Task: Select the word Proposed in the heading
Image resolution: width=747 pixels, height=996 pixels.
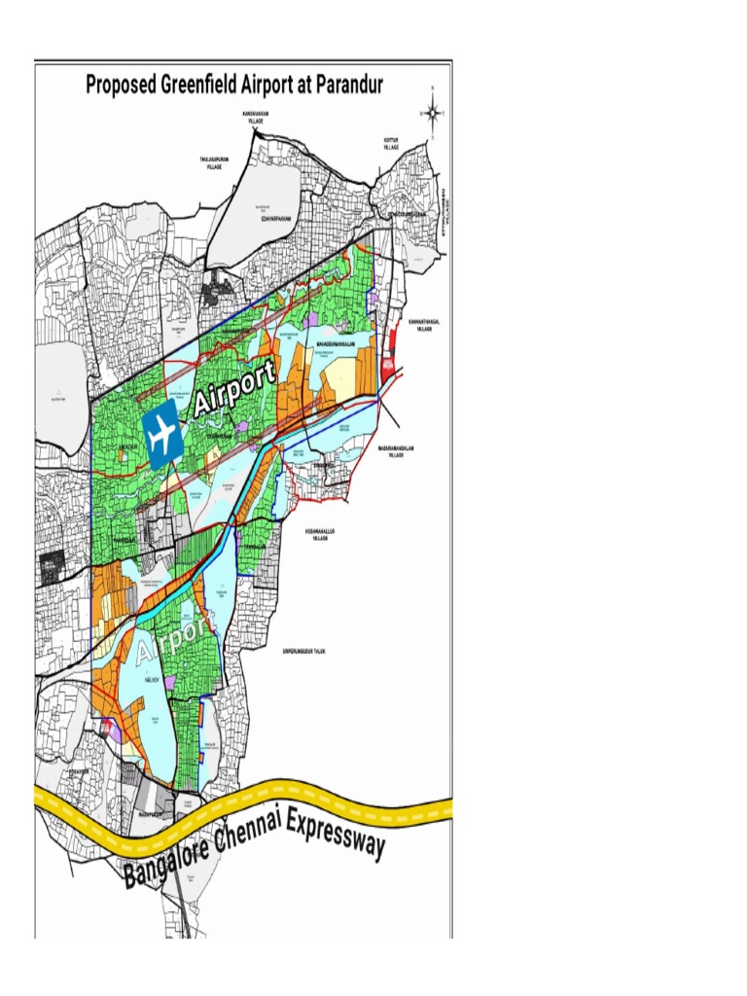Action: tap(119, 85)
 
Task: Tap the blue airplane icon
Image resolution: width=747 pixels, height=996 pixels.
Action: tap(161, 432)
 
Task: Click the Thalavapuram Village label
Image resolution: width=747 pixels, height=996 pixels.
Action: tap(214, 162)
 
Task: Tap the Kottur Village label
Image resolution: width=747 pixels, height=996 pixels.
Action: tap(391, 143)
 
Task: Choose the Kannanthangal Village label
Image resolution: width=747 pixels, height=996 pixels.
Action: tap(420, 325)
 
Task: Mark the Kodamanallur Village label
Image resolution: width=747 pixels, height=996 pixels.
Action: tap(318, 536)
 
